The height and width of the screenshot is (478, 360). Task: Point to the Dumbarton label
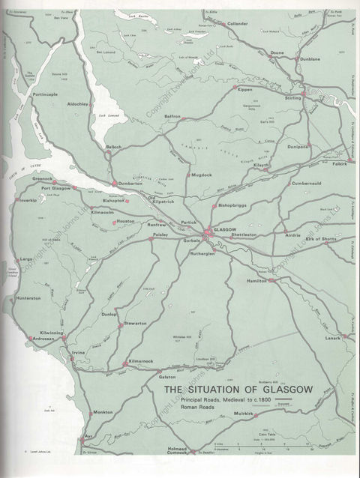tap(130, 184)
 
